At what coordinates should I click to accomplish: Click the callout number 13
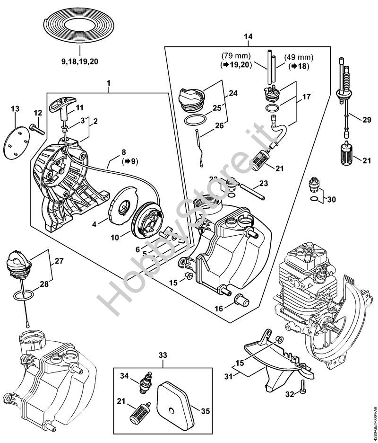click(15, 109)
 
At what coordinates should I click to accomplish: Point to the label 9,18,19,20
click(80, 61)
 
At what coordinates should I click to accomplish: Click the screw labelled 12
click(37, 127)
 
